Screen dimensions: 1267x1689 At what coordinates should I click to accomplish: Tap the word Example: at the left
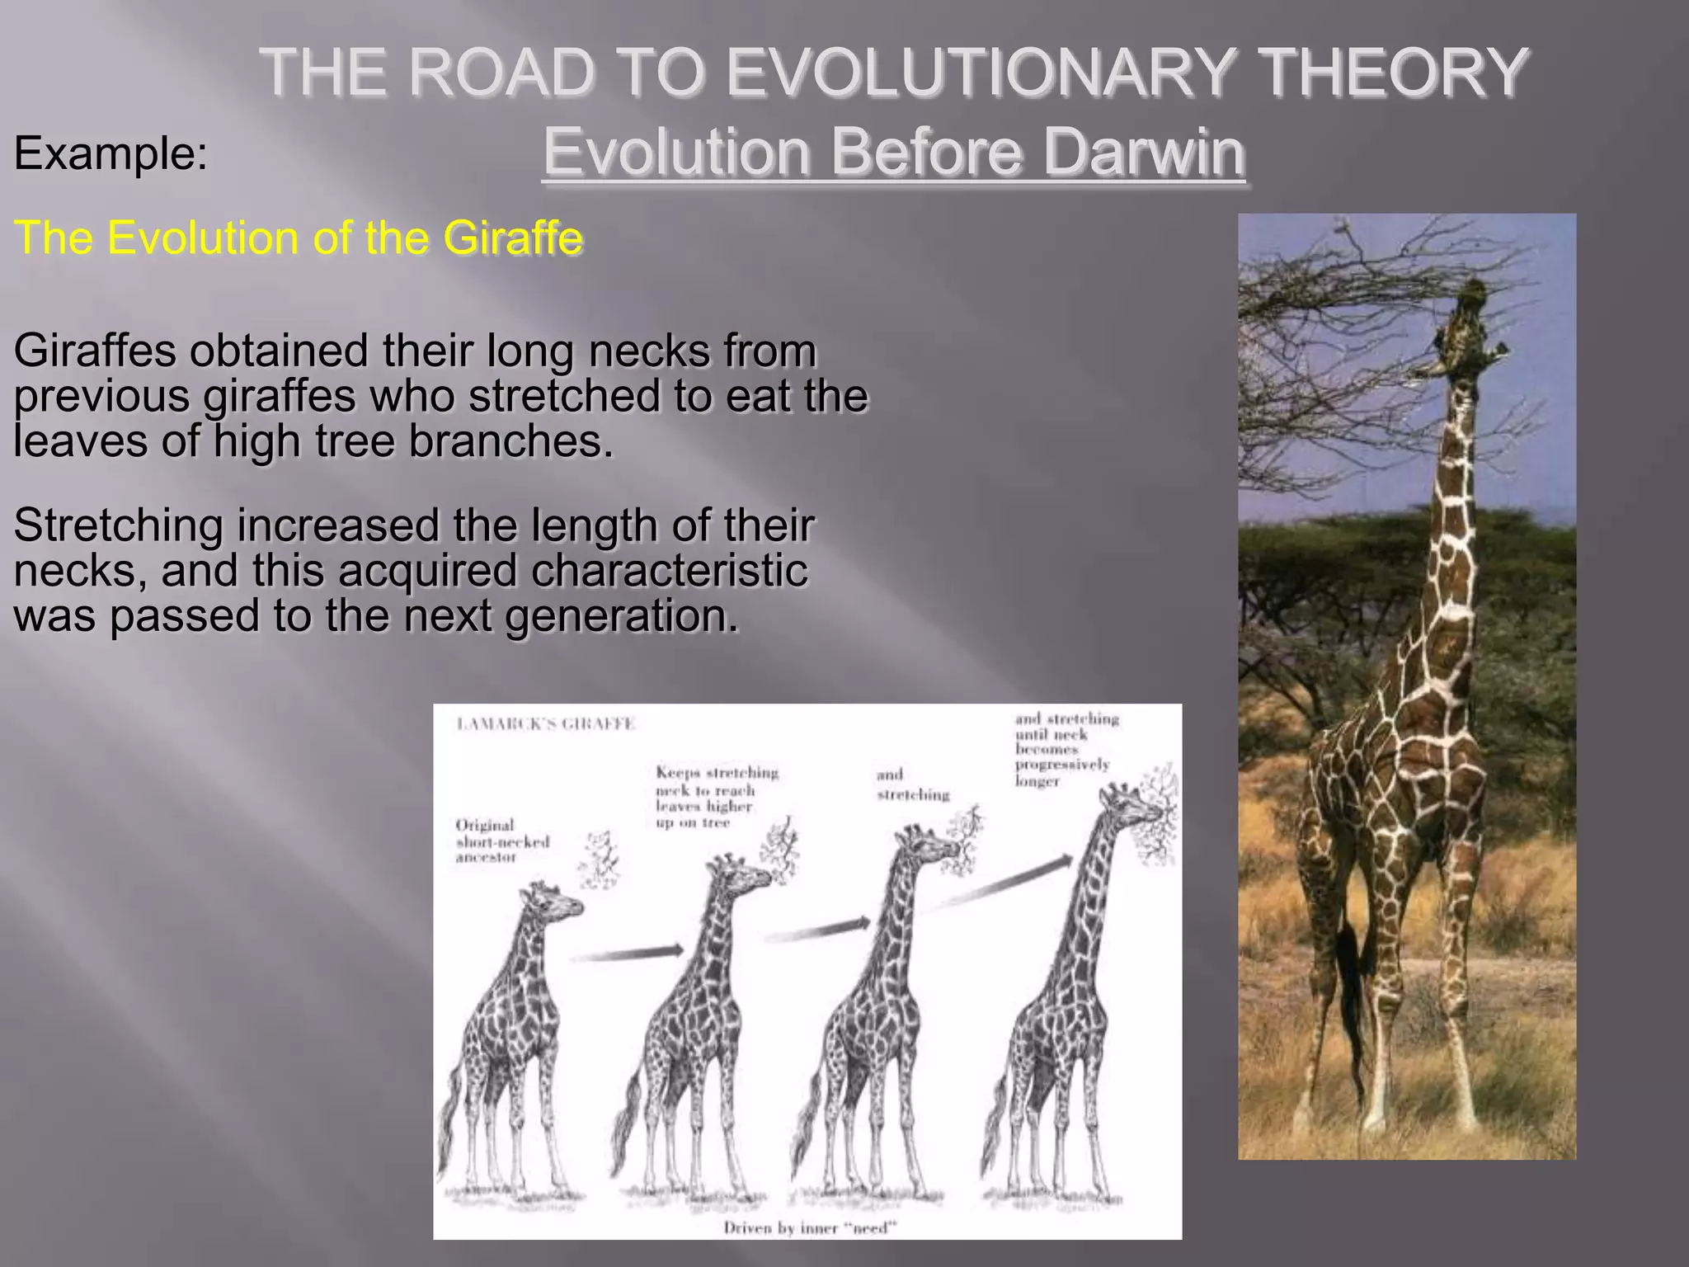pos(111,153)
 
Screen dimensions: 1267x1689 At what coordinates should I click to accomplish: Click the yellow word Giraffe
pos(512,238)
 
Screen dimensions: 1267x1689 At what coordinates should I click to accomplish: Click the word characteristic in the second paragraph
pos(669,571)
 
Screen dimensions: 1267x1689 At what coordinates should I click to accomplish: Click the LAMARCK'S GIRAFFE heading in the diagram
pos(546,724)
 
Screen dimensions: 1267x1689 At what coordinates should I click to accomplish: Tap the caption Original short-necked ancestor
pos(501,841)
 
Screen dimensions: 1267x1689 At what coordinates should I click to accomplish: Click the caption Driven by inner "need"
pos(809,1228)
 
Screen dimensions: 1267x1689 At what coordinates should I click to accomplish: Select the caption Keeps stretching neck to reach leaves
pos(716,797)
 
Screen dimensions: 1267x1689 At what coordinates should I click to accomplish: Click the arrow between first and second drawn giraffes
pos(627,954)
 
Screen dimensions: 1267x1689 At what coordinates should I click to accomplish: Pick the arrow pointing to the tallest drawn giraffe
pos(998,883)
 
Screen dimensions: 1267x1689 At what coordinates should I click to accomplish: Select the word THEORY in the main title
pos(1395,73)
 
